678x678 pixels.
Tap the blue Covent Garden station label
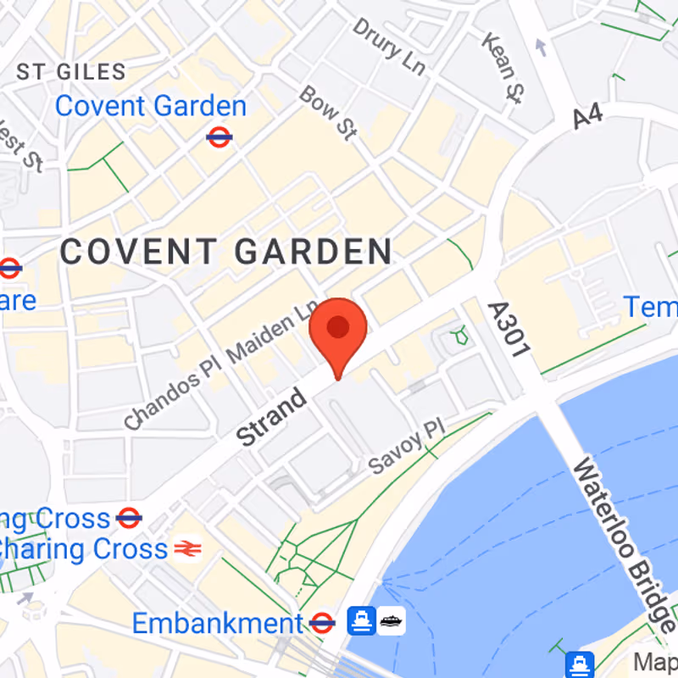(151, 107)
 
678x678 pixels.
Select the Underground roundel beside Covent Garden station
(220, 136)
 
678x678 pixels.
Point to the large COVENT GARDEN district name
(226, 252)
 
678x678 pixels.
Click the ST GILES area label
(71, 72)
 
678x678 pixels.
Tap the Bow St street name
(327, 111)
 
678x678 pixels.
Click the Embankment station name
(217, 625)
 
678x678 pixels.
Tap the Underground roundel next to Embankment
(322, 625)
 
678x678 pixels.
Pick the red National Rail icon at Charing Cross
(186, 549)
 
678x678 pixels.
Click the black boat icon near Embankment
(392, 622)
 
